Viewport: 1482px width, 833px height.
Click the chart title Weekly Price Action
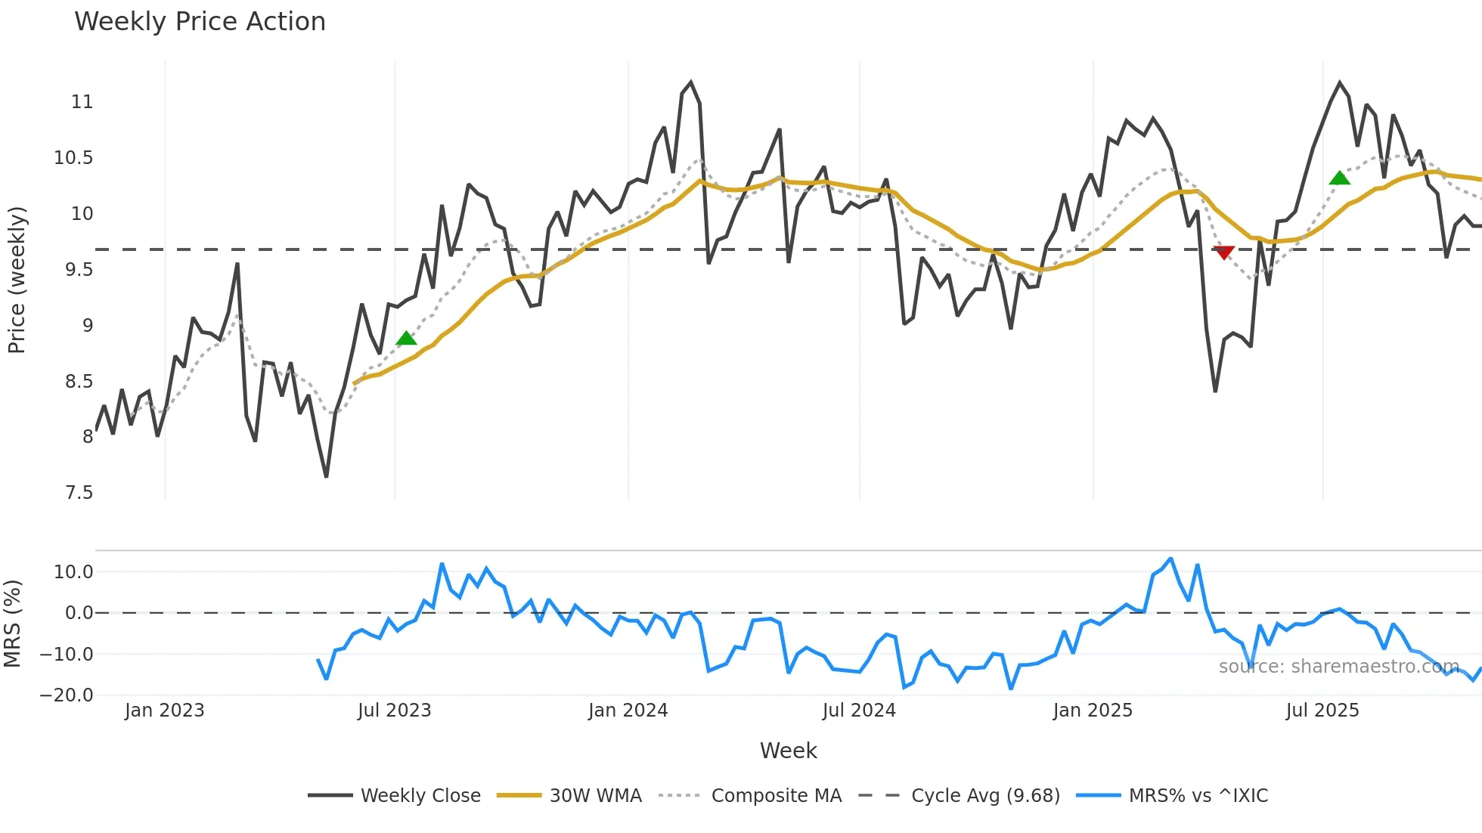200,22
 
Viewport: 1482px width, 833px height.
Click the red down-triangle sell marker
1223,252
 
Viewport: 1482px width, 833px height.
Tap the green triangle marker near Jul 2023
406,338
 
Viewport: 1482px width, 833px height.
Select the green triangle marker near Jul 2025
1339,178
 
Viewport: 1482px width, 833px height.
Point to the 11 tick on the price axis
82,102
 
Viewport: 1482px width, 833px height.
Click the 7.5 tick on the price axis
79,493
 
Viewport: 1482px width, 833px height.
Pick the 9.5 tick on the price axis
79,270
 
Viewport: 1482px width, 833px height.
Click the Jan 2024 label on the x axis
628,711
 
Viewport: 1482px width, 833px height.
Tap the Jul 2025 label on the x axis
1322,711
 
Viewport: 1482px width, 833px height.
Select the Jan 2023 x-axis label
164,711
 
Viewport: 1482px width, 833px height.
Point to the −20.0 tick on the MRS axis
67,695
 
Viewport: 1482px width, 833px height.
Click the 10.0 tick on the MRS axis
73,572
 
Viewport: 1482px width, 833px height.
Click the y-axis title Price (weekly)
17,280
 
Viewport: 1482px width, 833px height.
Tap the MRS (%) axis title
12,624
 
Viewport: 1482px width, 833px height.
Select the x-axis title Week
788,751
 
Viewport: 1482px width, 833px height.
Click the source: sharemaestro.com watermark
1338,667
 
